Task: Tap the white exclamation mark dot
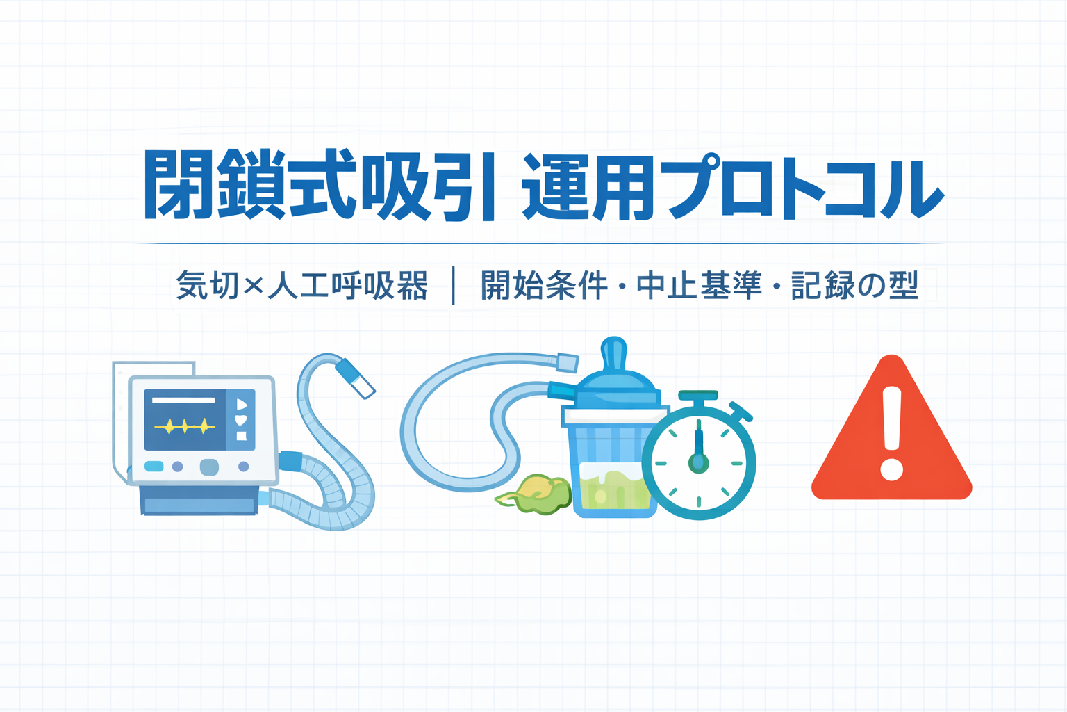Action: tap(891, 469)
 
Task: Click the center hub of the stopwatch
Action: tap(698, 462)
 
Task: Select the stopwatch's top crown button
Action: tap(698, 396)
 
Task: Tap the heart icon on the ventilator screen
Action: tap(242, 420)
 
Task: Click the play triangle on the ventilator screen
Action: tap(242, 405)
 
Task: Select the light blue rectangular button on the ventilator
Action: tap(154, 466)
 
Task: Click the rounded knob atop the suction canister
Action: tap(614, 354)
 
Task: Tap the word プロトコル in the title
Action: tap(804, 186)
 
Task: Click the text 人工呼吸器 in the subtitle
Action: tap(348, 285)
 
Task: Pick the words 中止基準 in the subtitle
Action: tap(699, 285)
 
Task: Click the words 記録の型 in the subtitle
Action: tap(854, 285)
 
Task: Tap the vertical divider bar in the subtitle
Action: tap(453, 285)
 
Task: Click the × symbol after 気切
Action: tap(253, 286)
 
